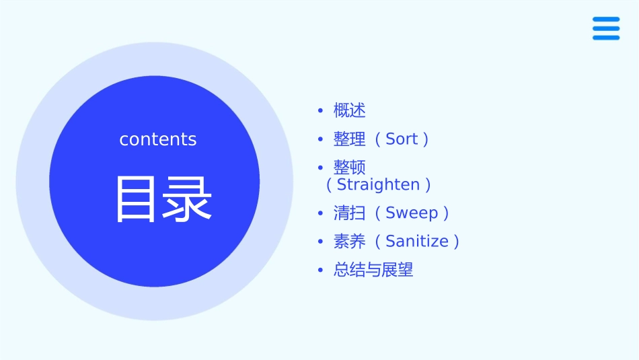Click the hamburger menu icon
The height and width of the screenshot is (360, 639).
pos(605,28)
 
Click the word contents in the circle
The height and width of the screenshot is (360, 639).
pos(158,139)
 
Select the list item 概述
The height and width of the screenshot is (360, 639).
pos(350,110)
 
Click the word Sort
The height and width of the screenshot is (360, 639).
pos(402,139)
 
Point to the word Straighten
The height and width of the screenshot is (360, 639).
pos(378,184)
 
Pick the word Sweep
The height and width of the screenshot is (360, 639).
pos(412,213)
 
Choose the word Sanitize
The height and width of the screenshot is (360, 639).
pos(416,242)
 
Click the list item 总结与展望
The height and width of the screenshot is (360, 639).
pos(373,271)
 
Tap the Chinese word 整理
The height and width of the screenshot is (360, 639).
pos(350,139)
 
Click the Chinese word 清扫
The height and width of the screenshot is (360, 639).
pos(350,213)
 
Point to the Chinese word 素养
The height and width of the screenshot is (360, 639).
pos(350,242)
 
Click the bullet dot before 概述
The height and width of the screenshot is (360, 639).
pos(321,110)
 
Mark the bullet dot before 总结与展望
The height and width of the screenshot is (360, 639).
pos(321,271)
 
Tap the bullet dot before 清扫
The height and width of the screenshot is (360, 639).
pos(321,213)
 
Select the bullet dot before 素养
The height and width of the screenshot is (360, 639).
pos(321,242)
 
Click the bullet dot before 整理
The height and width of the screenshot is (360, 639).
pos(321,139)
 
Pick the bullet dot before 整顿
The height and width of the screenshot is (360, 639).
pos(321,168)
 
